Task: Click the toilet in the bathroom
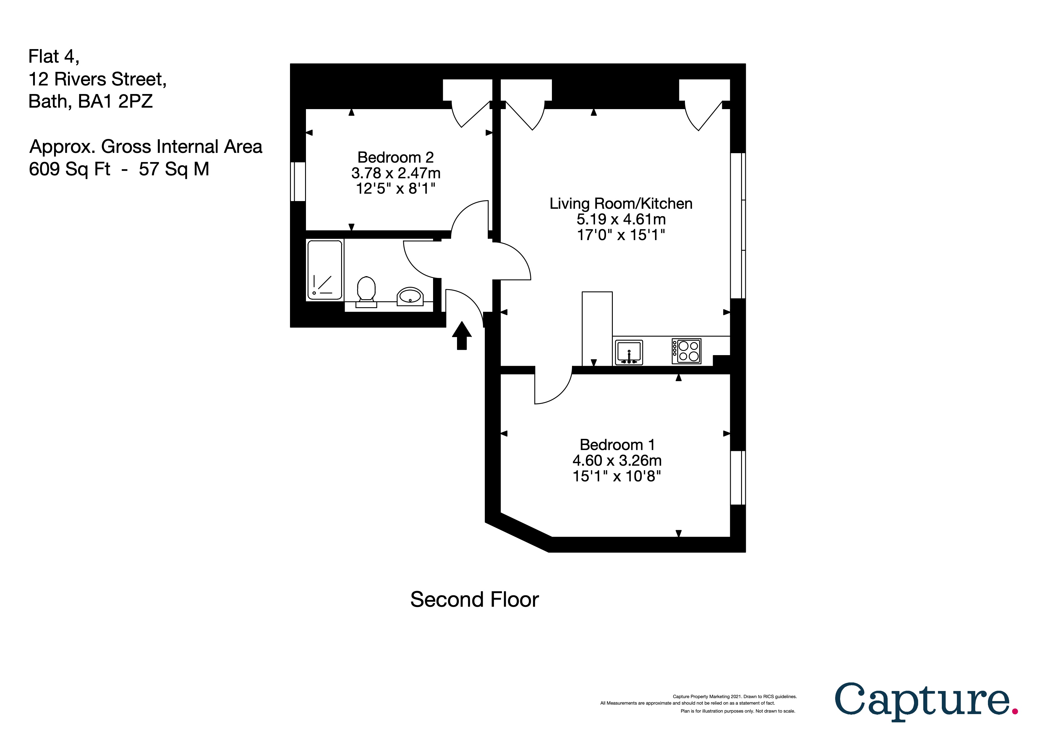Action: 366,291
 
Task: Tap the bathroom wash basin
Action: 410,297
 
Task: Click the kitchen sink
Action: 629,352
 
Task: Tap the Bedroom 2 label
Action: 395,157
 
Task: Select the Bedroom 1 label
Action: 617,445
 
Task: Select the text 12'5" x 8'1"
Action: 395,188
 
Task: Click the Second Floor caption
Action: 474,600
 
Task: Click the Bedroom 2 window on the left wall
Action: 298,182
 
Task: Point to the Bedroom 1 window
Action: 738,477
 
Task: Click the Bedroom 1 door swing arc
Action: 560,393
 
